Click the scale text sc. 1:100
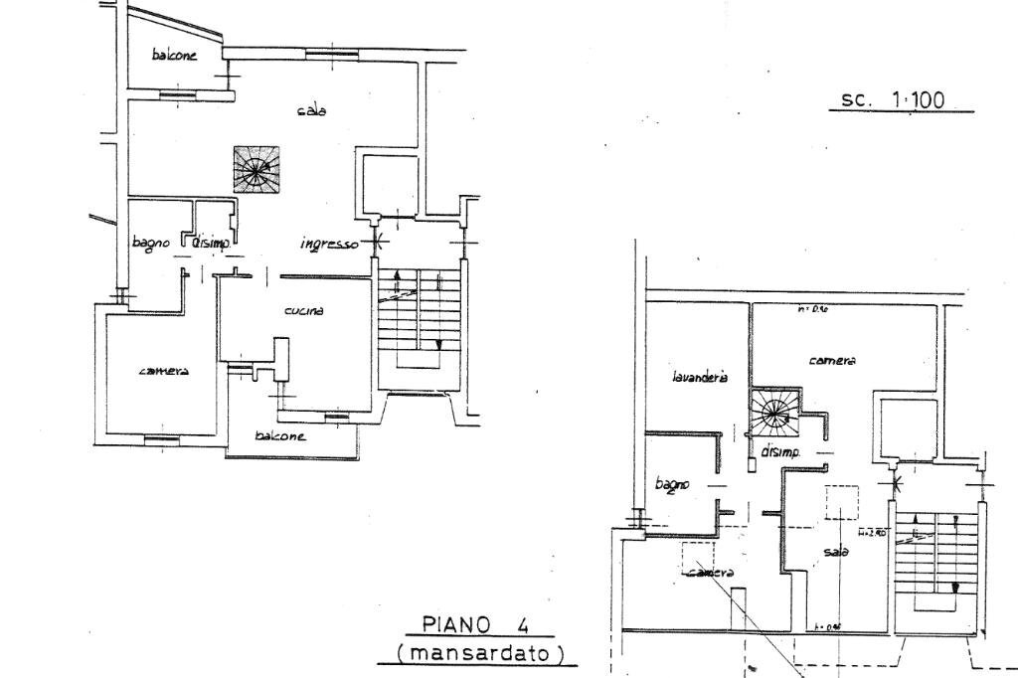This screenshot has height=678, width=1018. pos(893,99)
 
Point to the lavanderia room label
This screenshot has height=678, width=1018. pos(700,377)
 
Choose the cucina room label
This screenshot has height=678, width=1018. pos(304,311)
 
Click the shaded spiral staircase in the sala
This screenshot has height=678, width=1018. pos(255,169)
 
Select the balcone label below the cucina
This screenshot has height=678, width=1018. pos(279,435)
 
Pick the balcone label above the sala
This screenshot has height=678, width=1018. pos(174,56)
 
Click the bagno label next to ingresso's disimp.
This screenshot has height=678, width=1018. pos(151,243)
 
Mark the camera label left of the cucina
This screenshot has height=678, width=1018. pos(164,371)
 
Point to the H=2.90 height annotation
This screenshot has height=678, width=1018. pos(873,532)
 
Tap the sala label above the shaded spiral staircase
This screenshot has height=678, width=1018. pos(311,110)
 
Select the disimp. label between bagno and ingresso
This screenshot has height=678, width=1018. pos(210,242)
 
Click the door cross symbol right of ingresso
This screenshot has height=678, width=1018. pos(375,240)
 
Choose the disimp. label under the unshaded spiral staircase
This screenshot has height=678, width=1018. pos(780,452)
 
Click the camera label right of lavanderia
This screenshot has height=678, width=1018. pos(832,360)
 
